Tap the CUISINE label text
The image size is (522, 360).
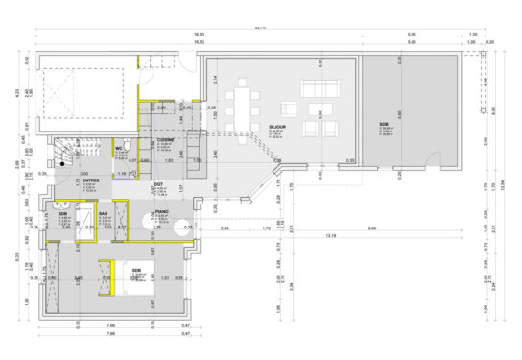click(165, 140)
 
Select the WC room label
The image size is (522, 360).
click(122, 147)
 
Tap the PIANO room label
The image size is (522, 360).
click(162, 212)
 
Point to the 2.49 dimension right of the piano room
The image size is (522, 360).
click(223, 228)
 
